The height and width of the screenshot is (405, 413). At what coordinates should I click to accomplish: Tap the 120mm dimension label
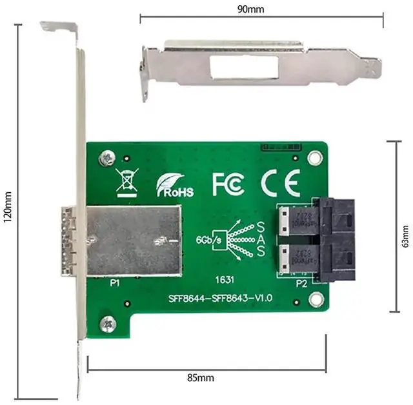click(x=8, y=209)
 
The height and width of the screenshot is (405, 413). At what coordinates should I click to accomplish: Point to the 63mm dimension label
click(x=405, y=235)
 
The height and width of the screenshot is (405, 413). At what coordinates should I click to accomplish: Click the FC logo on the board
click(x=228, y=184)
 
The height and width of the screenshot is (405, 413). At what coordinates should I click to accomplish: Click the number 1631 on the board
click(x=225, y=281)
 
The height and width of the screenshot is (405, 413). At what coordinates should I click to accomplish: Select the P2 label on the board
click(x=301, y=282)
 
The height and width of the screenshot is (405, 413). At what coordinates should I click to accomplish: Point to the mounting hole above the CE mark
click(x=314, y=157)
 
